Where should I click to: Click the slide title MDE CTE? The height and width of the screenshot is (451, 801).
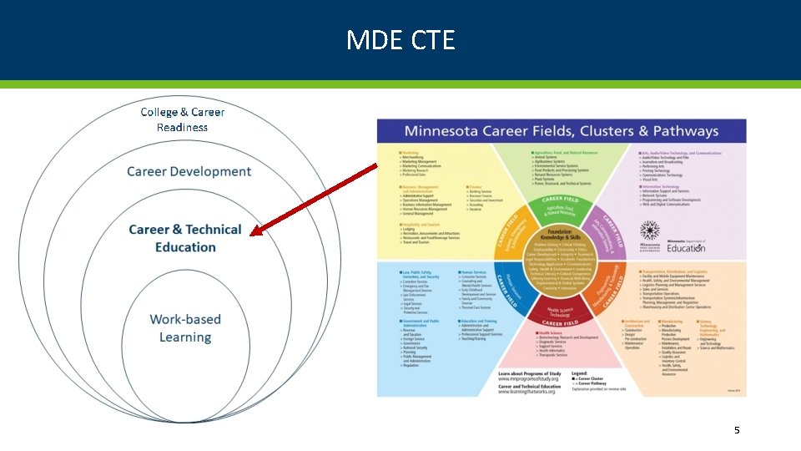tap(400, 39)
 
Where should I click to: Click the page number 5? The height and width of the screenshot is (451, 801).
tap(737, 430)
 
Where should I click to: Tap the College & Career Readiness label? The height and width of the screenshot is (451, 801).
tap(182, 119)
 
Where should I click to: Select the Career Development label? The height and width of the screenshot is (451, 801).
tap(189, 171)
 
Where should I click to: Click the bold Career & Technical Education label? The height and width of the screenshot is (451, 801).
tap(185, 238)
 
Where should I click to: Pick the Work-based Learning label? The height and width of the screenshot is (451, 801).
tap(185, 328)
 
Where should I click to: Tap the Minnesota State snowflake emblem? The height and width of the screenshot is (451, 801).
tap(648, 231)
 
